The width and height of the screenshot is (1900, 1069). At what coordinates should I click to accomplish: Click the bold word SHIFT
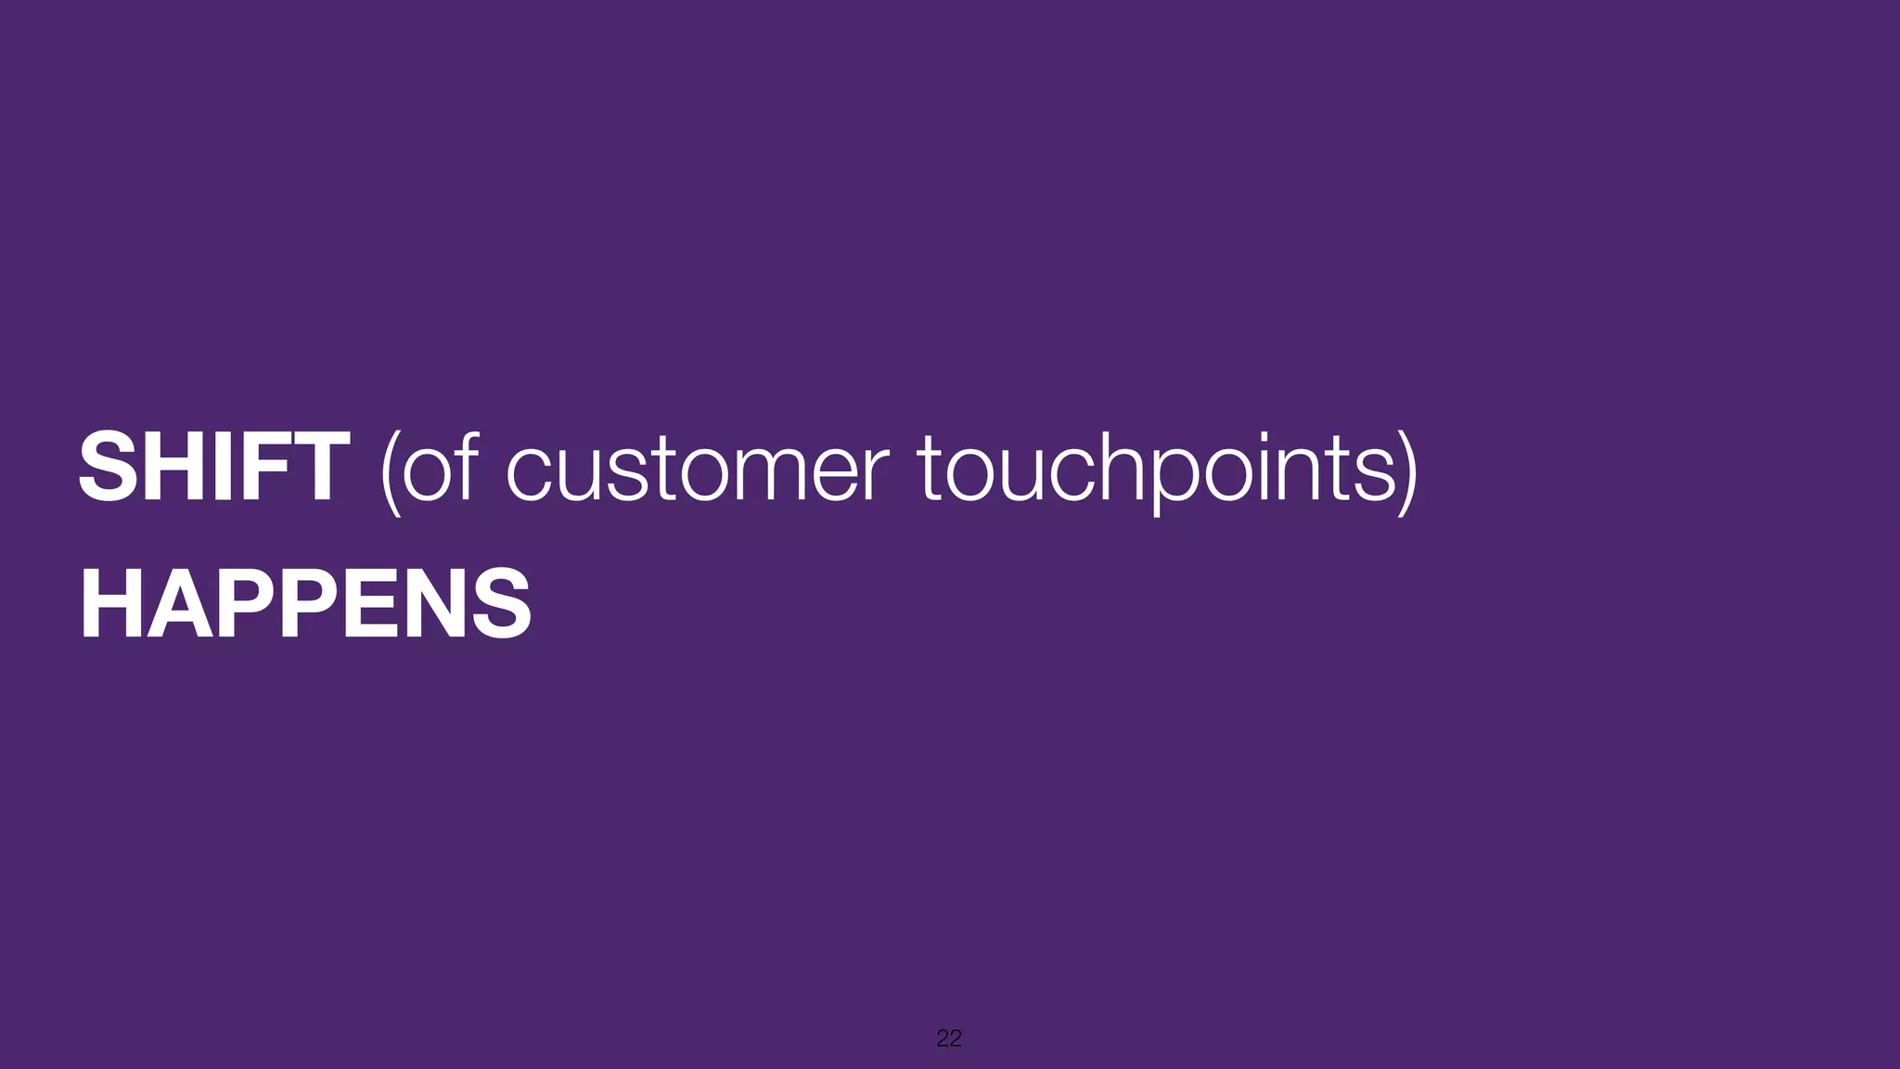(213, 468)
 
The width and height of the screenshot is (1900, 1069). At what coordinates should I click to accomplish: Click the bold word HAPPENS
(305, 605)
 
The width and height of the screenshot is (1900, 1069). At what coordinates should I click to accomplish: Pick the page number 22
(949, 1038)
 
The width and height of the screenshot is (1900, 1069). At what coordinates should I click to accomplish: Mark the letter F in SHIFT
(264, 468)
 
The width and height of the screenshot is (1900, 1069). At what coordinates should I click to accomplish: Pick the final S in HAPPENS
(501, 605)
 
